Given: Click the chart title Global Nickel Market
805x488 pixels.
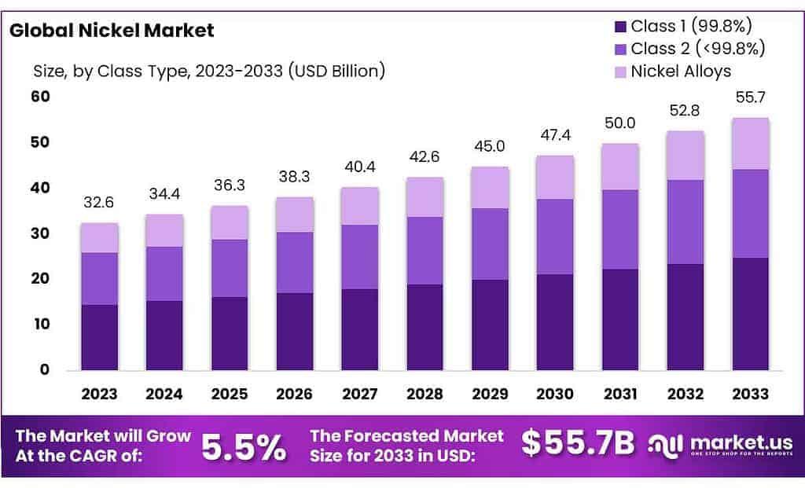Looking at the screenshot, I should point(112,31).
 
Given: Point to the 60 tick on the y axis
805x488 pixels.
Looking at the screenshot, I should point(40,97).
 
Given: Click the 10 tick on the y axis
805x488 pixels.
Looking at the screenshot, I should point(40,325).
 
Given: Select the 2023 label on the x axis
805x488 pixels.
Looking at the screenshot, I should point(99,394).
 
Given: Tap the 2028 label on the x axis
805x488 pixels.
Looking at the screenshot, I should point(425,394).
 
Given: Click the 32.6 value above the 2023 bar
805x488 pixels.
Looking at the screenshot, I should point(99,204).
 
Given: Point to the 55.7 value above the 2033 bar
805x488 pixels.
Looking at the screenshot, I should point(750,98).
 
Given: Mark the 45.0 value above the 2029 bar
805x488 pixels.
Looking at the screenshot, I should point(490,148).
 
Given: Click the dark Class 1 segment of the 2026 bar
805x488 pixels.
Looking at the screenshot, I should point(294,331).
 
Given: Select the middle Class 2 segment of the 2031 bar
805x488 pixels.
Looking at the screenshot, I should point(620,229).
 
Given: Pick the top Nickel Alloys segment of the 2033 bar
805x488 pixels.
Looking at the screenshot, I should point(750,144).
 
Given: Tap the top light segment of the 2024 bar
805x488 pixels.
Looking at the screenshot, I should point(164,230).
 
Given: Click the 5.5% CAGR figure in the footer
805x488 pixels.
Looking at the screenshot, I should point(244,446).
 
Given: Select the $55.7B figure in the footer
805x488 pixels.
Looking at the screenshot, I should point(578,443).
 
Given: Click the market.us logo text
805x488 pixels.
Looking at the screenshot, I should point(731,442).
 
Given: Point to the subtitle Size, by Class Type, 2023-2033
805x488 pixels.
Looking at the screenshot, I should point(208,72).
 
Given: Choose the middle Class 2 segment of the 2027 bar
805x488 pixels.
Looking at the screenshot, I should point(359,257).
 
